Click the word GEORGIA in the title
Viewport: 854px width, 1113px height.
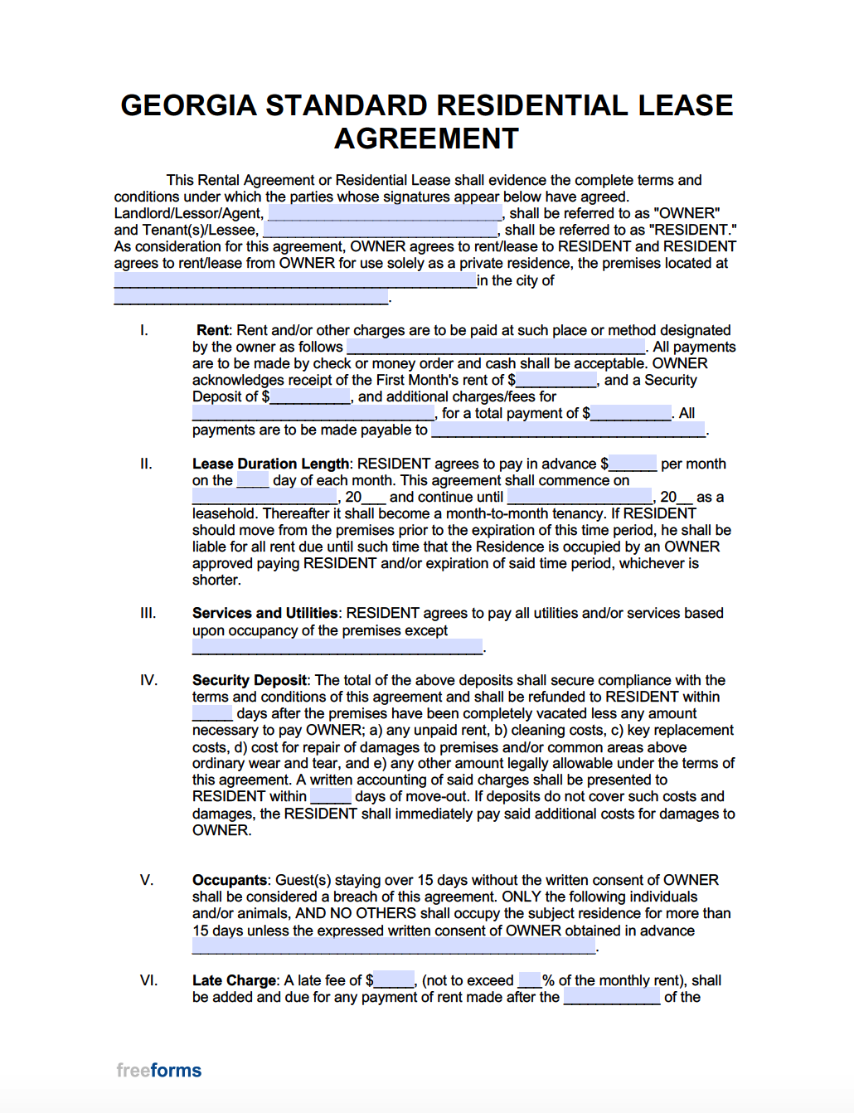pyautogui.click(x=189, y=106)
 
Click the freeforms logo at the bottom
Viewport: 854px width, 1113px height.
pyautogui.click(x=159, y=1070)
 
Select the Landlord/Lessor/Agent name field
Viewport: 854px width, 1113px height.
pyautogui.click(x=385, y=214)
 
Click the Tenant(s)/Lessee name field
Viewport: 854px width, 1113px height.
pyautogui.click(x=381, y=231)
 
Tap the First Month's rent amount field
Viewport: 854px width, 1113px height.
pyautogui.click(x=556, y=381)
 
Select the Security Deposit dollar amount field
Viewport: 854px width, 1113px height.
pyautogui.click(x=310, y=397)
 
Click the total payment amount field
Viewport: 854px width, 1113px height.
pyautogui.click(x=631, y=414)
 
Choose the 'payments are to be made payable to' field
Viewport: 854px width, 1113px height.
pyautogui.click(x=568, y=430)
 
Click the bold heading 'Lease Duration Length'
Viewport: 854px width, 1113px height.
pyautogui.click(x=270, y=464)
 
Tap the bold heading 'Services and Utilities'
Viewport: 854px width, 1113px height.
pyautogui.click(x=264, y=613)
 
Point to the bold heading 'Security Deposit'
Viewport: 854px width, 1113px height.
pyautogui.click(x=250, y=680)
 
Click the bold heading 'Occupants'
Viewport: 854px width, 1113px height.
pyautogui.click(x=230, y=880)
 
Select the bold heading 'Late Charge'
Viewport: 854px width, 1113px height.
pyautogui.click(x=234, y=980)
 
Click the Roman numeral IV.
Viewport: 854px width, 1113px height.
pyautogui.click(x=148, y=680)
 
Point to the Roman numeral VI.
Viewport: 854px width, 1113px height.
pyautogui.click(x=148, y=980)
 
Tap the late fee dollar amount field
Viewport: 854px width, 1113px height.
pyautogui.click(x=394, y=980)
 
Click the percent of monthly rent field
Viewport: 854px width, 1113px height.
pyautogui.click(x=530, y=980)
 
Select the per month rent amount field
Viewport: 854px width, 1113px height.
pyautogui.click(x=633, y=464)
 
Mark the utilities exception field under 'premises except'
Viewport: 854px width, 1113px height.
pyautogui.click(x=337, y=647)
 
